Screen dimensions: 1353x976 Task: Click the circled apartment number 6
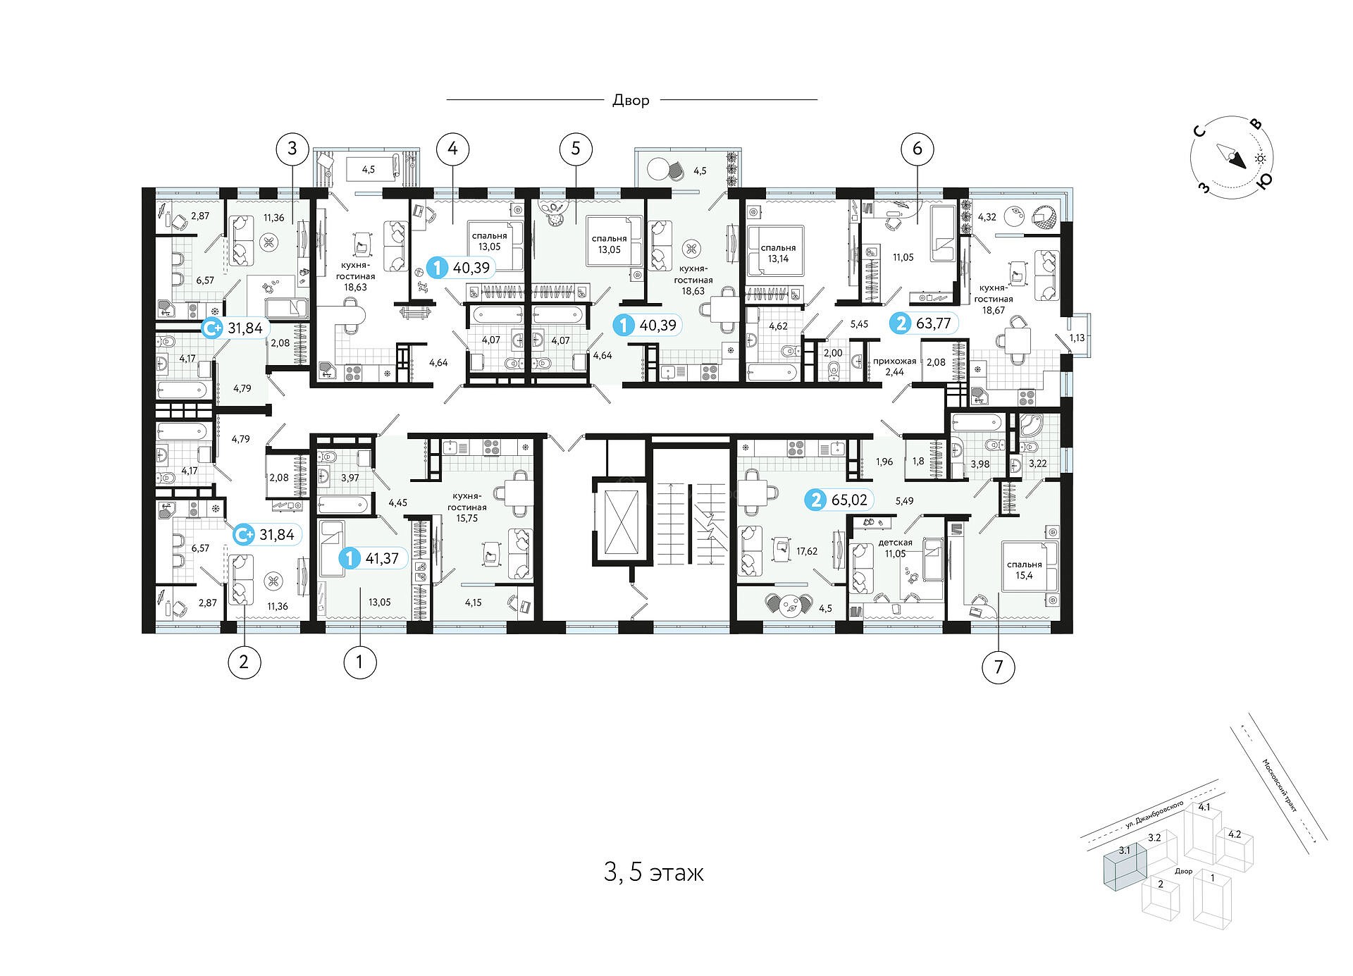pos(918,148)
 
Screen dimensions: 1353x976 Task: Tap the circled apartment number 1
pos(359,662)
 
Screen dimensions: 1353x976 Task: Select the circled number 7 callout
pos(999,667)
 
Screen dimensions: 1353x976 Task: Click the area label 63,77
pos(934,323)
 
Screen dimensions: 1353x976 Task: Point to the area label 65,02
pos(849,500)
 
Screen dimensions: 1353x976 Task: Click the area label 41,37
pos(383,559)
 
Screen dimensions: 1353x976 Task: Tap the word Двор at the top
pos(631,100)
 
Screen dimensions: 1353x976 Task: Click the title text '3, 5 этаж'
pos(654,872)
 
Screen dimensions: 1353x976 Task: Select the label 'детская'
pos(895,543)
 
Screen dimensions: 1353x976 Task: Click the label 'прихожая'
pos(895,361)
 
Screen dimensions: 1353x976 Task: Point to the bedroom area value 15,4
pos(1024,576)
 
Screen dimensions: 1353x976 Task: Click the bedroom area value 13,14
pos(779,259)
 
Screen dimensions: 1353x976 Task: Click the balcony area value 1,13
pos(1077,338)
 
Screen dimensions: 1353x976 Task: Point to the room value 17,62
pos(806,551)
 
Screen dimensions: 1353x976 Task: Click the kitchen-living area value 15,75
pos(467,517)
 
